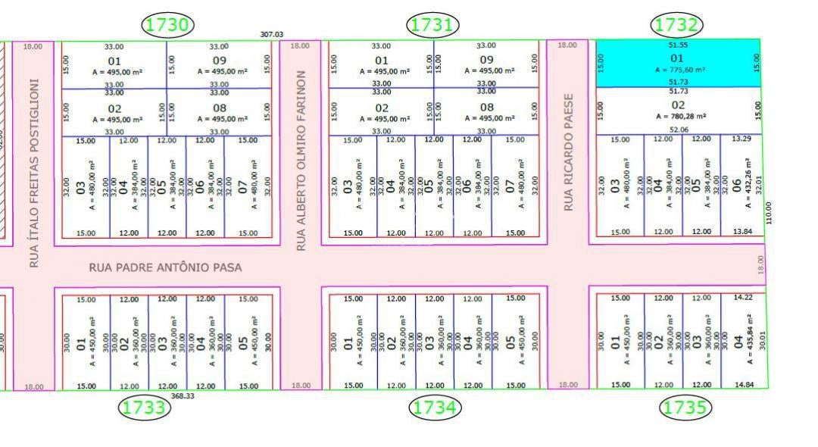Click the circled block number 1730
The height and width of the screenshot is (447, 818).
[x=167, y=25]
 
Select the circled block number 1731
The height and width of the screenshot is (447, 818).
[x=433, y=25]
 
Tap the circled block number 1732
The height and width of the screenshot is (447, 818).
[x=676, y=25]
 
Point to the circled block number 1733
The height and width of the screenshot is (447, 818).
[x=144, y=408]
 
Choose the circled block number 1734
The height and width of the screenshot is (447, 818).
[x=435, y=408]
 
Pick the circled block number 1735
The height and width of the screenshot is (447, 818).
[x=686, y=408]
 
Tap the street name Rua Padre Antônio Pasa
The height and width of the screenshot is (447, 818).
[x=166, y=267]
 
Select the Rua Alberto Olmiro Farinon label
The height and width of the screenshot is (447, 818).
[x=301, y=161]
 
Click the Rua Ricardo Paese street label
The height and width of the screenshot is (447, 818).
[x=568, y=152]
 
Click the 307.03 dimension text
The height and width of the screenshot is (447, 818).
[x=271, y=35]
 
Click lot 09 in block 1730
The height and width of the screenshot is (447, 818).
[x=219, y=61]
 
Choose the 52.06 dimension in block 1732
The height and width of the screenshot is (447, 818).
[x=679, y=130]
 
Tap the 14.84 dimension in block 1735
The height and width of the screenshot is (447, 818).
[x=745, y=385]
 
